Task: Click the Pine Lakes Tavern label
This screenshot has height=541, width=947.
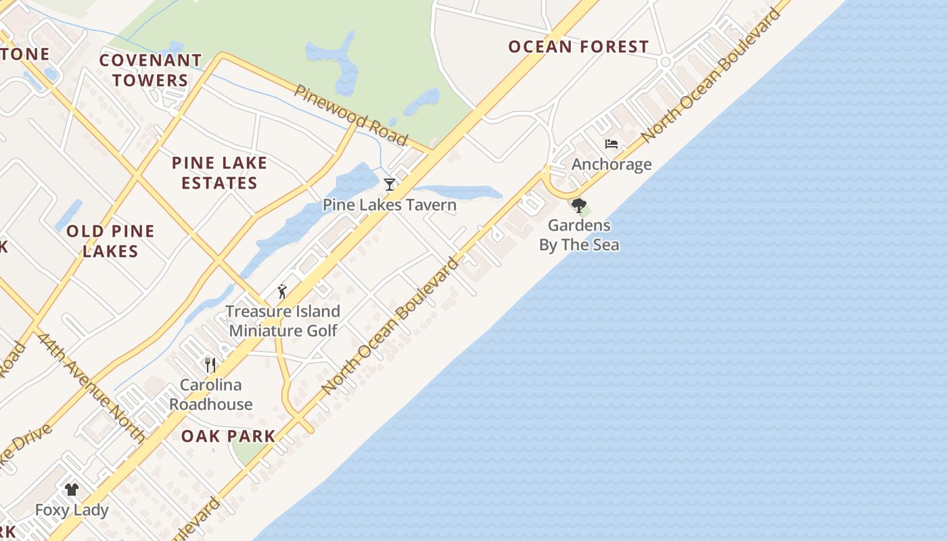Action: point(389,204)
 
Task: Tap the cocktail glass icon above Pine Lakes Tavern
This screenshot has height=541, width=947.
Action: point(389,184)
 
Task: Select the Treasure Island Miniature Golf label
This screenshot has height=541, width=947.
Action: point(283,321)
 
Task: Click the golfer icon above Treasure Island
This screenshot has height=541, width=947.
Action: point(282,291)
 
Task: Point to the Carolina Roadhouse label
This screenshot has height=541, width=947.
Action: point(211,394)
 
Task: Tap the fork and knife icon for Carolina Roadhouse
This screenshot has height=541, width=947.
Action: point(210,365)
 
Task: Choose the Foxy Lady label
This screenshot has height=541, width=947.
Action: point(72,510)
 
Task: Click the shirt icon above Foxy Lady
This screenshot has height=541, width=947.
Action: point(72,489)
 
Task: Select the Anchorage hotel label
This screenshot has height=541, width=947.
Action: point(611,164)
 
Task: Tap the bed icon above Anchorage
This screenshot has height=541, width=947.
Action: point(611,144)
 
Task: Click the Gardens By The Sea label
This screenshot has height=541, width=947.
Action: point(579,235)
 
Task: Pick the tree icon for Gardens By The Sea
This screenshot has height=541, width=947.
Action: point(578,205)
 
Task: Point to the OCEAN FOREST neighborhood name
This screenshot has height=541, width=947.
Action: point(578,47)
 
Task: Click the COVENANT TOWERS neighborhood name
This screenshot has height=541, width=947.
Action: point(150,70)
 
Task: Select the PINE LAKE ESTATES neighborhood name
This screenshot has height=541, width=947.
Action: point(219,173)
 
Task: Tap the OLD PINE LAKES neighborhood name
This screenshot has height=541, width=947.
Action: point(110,241)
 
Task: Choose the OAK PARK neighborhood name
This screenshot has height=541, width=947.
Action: point(228,436)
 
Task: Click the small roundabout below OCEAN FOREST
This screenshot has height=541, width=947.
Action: point(665,62)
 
